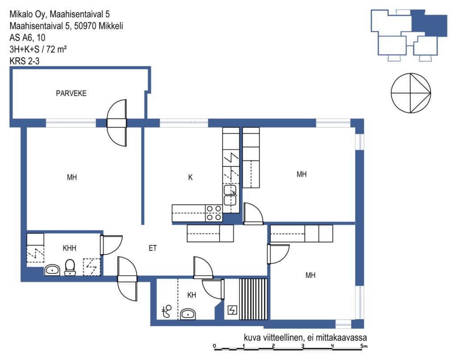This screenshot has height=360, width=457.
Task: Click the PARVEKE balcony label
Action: point(71,93)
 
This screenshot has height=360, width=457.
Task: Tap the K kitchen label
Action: point(190,177)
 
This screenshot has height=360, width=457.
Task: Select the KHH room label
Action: point(69,248)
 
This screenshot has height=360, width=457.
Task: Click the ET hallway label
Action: point(153,248)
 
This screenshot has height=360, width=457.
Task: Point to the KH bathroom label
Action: point(191,295)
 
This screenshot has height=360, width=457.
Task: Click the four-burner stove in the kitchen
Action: point(214,213)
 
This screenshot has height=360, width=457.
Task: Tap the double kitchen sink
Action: point(230,195)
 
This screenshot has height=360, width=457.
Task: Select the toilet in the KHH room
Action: point(70,267)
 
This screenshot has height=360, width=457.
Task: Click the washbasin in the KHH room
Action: point(52,270)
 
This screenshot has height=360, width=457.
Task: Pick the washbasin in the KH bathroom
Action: point(188,314)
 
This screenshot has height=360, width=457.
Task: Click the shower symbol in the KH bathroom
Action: point(167,311)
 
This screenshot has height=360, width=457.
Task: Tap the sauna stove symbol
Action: point(232,310)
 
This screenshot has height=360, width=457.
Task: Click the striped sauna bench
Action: point(253,299)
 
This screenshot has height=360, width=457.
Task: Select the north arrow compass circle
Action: point(411,93)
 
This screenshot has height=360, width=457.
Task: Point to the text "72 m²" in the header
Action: point(56,49)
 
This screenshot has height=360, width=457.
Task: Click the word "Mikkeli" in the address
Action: point(111,26)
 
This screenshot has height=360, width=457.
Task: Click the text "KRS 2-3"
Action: point(25,61)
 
